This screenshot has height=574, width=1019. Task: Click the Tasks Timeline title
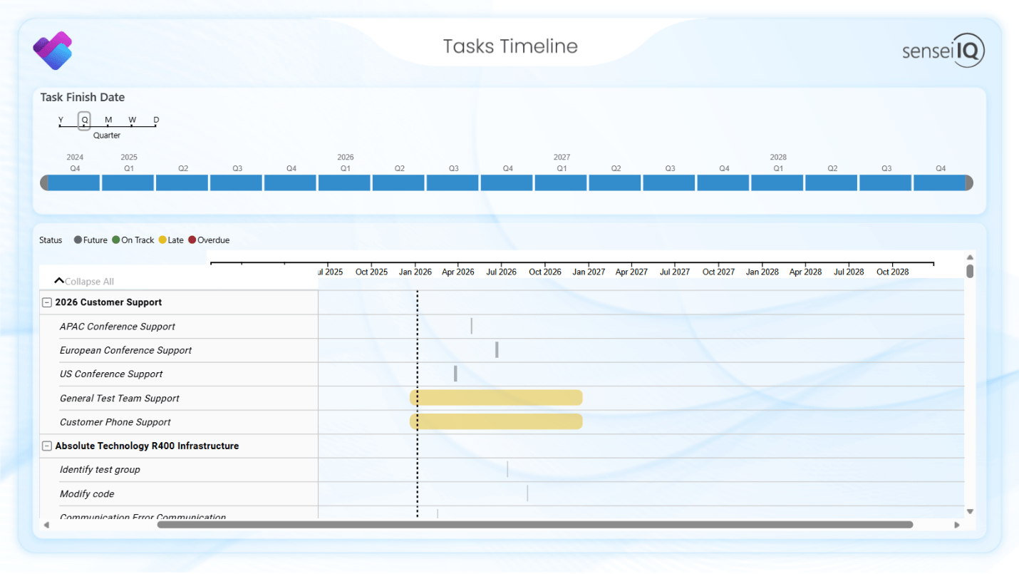510,46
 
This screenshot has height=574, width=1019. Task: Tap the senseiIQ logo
943,51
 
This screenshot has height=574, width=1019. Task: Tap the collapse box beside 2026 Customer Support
47,302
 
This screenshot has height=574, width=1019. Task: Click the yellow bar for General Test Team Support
496,398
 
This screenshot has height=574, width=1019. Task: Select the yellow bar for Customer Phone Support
496,421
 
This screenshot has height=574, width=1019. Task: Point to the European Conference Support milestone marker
497,350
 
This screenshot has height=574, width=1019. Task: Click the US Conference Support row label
111,374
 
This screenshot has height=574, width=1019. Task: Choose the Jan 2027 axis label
589,272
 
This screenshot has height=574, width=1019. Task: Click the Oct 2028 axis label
893,272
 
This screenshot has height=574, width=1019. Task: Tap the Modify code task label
87,494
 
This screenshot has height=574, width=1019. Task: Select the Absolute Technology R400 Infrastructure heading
147,446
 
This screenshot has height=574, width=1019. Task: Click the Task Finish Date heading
83,98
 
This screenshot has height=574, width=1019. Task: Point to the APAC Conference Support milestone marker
471,326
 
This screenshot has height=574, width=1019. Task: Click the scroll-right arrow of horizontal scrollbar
957,525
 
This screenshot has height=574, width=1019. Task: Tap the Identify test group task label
100,470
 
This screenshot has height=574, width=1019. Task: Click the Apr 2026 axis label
458,272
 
